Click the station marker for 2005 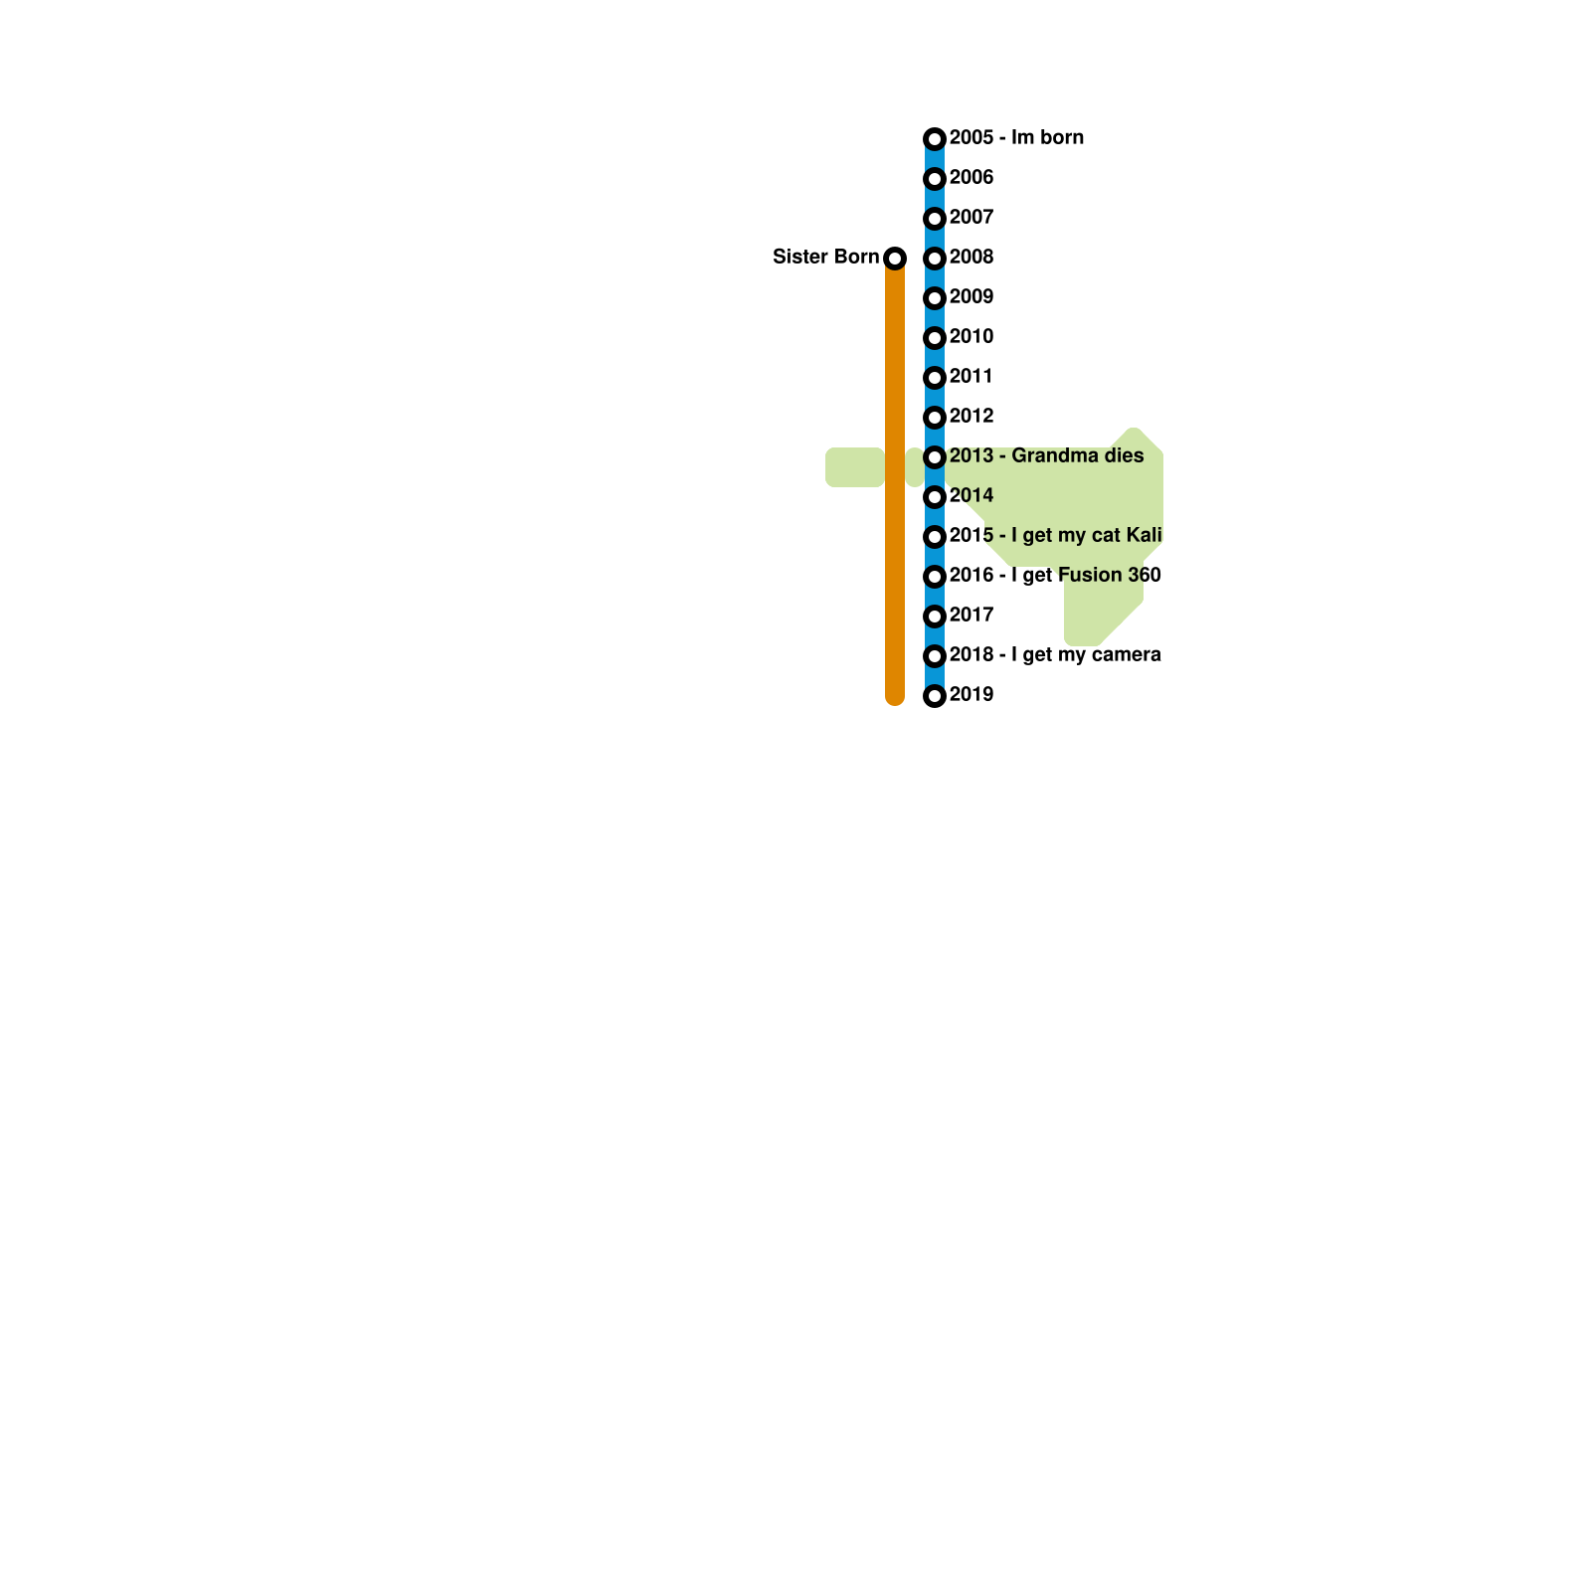tap(934, 139)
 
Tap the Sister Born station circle tap(895, 259)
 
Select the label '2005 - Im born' tap(1016, 138)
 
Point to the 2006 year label tap(972, 178)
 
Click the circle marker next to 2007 tap(934, 219)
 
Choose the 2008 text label tap(972, 258)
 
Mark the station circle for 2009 tap(934, 298)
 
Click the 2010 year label tap(972, 337)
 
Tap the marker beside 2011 tap(934, 378)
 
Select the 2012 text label tap(972, 417)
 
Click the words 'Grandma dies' tap(1078, 456)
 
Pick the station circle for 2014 tap(934, 497)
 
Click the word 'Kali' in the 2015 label tap(1144, 536)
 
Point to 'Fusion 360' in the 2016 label tap(1109, 576)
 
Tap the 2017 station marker tap(934, 617)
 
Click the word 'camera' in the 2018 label tap(1125, 655)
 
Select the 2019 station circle tap(934, 696)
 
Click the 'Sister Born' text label tap(825, 258)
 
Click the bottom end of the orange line tap(895, 699)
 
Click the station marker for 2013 tap(934, 457)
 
